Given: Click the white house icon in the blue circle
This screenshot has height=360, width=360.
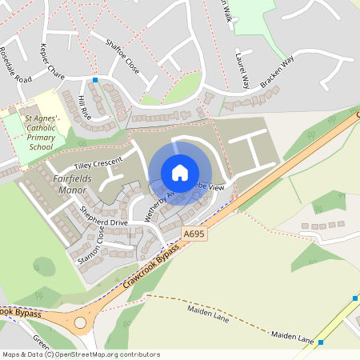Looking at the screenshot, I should pos(180,173).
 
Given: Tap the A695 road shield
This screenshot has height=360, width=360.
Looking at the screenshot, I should pos(194,233).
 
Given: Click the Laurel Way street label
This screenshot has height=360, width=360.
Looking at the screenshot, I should pos(242,70).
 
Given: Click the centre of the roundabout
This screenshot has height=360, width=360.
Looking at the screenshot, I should pos(80,323).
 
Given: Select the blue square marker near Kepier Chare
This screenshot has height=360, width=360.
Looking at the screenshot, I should pos(95,80).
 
